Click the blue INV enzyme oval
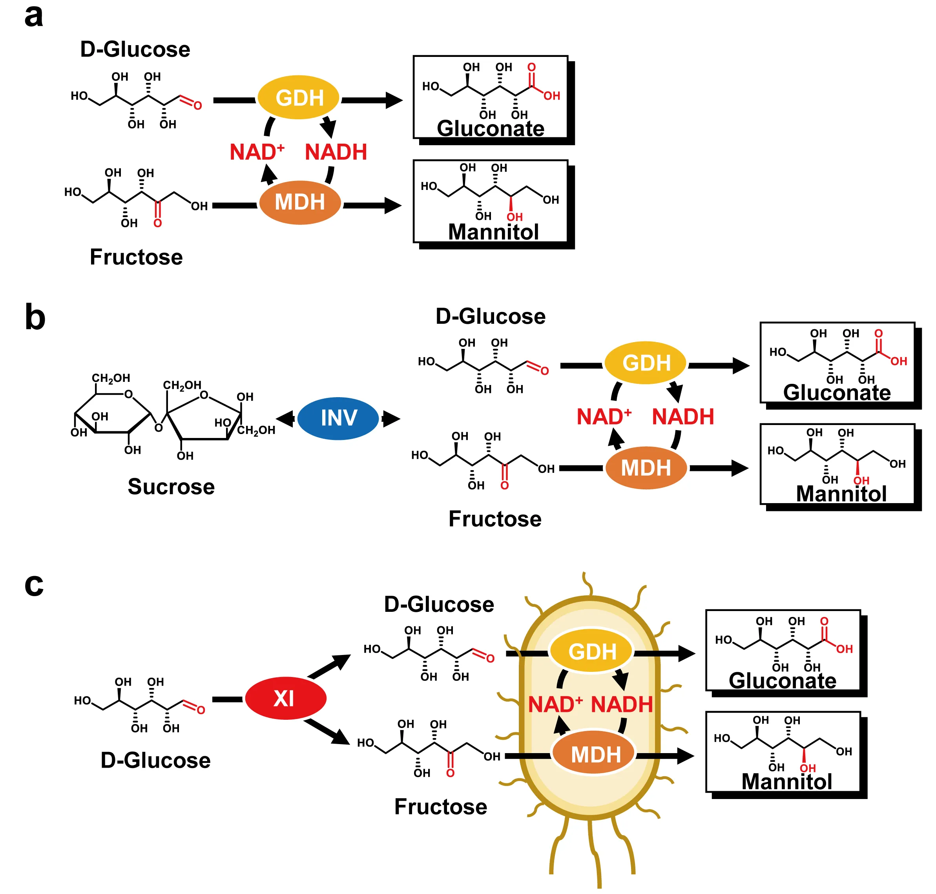tap(338, 418)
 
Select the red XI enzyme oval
tap(285, 698)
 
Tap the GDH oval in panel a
tap(299, 98)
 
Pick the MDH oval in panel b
tap(645, 467)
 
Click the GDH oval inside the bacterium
tap(591, 651)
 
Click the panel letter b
tap(35, 317)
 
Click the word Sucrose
tap(171, 487)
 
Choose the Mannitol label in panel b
tap(841, 493)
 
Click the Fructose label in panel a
tap(136, 257)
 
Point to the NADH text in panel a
tap(336, 152)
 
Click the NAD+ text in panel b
tap(603, 416)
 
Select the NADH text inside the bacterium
tap(622, 704)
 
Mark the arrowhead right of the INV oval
tap(391, 419)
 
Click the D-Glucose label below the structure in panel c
tap(155, 760)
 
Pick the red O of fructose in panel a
tap(157, 223)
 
